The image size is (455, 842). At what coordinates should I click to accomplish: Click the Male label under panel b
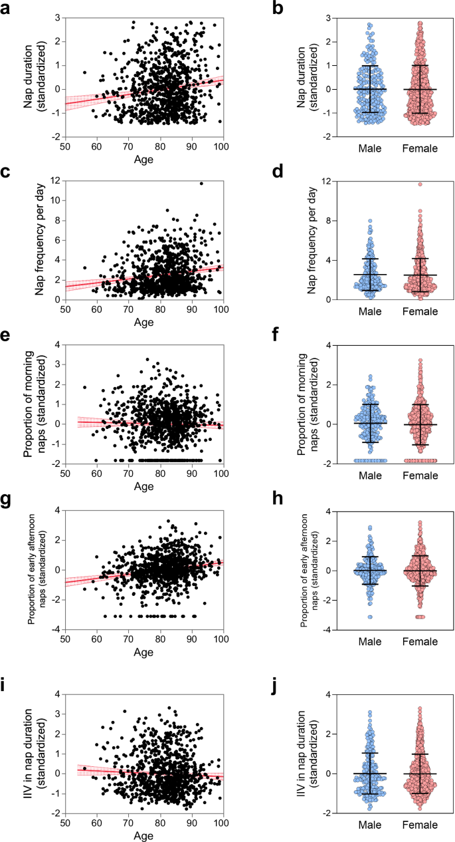click(369, 148)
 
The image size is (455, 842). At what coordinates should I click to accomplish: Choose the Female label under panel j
click(419, 826)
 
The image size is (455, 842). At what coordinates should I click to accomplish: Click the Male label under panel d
click(369, 311)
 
